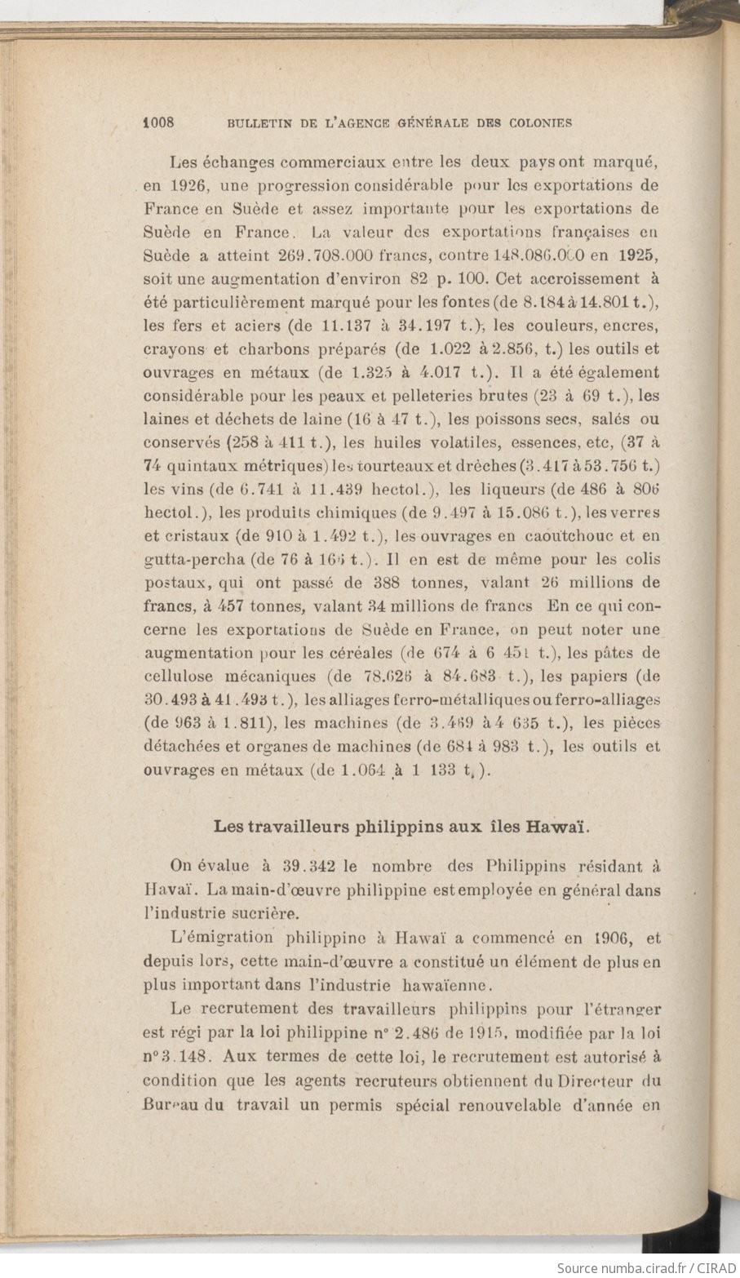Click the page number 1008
click(160, 122)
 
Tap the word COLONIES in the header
click(535, 123)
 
